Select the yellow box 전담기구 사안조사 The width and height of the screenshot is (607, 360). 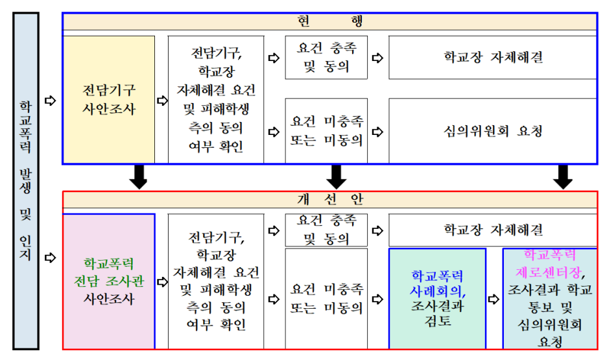coord(109,99)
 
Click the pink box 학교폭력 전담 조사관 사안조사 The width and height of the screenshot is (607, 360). coord(109,282)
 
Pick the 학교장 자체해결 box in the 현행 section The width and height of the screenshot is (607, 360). coord(492,57)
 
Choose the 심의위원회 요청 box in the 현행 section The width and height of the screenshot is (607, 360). coord(492,131)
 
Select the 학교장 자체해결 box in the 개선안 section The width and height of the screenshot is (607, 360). coord(492,230)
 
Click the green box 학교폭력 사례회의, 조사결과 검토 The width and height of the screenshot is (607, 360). coord(437,298)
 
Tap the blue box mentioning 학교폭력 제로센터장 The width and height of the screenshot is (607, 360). coord(550,298)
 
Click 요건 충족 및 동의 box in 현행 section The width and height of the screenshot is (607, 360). coord(325,57)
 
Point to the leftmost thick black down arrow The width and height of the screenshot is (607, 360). coord(139,176)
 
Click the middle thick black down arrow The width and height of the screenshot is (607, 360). coord(335,176)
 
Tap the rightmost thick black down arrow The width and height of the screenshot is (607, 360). coord(564,176)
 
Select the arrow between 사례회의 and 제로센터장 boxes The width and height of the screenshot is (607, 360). coord(494,299)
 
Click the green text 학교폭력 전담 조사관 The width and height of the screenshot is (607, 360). coord(109,272)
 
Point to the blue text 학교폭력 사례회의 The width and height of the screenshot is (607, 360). coord(437,282)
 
